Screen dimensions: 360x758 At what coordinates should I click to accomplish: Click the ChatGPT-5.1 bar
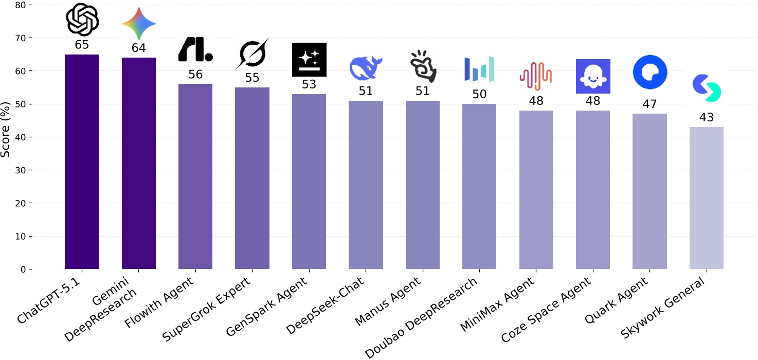click(82, 161)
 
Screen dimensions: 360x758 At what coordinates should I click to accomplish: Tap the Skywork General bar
click(707, 198)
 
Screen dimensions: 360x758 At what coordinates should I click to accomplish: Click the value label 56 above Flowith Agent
click(195, 75)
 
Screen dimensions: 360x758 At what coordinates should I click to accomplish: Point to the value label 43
click(707, 117)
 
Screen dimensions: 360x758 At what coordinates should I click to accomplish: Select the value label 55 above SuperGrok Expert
click(252, 78)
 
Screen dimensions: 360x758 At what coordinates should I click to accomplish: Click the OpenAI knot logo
click(82, 20)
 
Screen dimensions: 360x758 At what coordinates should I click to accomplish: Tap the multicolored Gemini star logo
click(139, 24)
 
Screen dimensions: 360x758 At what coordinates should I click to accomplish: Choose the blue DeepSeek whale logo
click(366, 68)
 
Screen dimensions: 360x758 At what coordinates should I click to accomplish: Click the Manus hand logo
click(423, 67)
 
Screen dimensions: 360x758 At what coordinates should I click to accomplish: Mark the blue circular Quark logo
click(650, 73)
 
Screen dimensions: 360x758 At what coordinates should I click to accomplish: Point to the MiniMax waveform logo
click(536, 73)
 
